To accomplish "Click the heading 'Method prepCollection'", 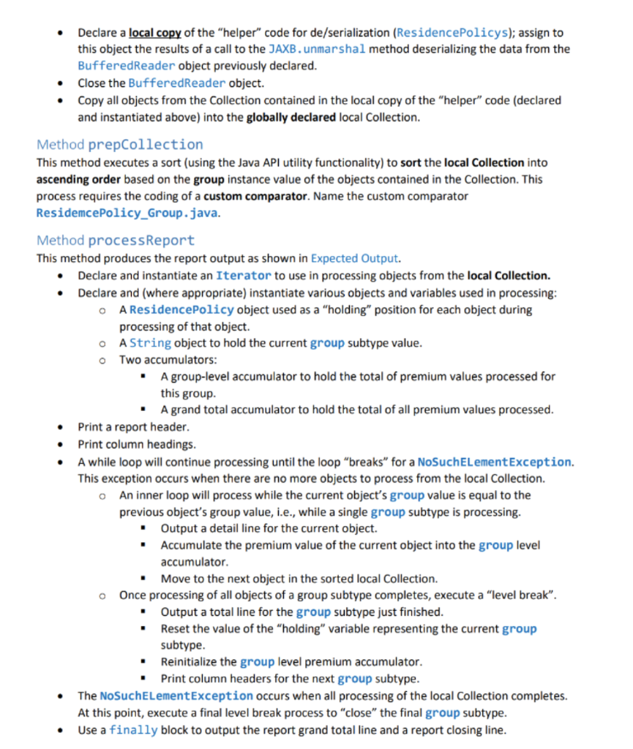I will pos(119,144).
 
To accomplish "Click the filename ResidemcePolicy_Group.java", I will pos(127,213).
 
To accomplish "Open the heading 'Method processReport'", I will pos(116,241).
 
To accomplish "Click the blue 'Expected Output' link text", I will pos(354,258).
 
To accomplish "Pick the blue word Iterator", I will pos(244,276).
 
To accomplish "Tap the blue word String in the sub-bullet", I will pos(151,343).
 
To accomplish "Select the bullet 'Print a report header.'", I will pos(133,427).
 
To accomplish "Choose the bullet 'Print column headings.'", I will pos(135,444).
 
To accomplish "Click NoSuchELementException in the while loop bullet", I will pos(495,462).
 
